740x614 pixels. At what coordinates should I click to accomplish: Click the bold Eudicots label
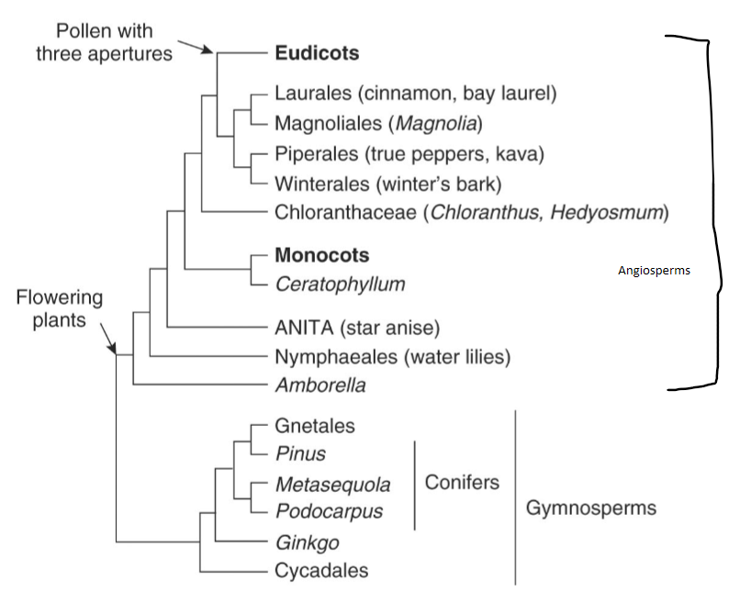[x=317, y=52]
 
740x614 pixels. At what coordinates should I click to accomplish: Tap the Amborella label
[x=320, y=385]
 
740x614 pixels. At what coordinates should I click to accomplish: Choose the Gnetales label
[x=315, y=426]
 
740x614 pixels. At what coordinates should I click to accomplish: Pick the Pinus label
[x=300, y=453]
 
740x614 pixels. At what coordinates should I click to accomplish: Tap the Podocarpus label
[x=326, y=511]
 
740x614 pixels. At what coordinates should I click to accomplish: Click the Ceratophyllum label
[x=340, y=284]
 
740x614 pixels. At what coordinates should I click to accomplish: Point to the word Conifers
[x=462, y=482]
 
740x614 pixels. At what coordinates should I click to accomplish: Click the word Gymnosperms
[x=590, y=508]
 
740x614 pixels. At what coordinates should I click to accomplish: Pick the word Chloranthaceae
[x=344, y=213]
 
